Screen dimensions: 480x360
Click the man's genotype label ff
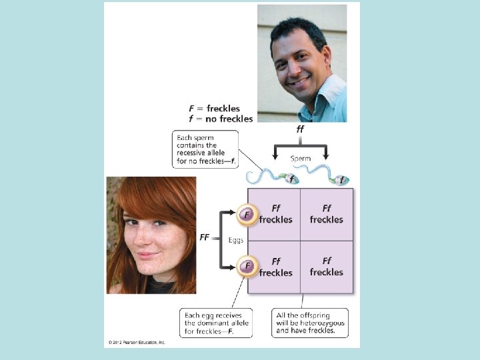tap(300, 129)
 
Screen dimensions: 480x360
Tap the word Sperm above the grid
tap(301, 159)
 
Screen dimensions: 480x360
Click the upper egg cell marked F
tap(247, 214)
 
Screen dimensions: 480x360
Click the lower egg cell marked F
tap(247, 266)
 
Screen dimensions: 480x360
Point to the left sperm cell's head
tap(291, 179)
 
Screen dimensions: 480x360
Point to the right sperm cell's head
tap(341, 179)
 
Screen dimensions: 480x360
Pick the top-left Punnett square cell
tap(275, 214)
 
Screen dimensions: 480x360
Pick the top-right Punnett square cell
tap(327, 214)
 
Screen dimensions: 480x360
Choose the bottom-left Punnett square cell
tap(275, 267)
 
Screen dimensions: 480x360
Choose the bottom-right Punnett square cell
tap(327, 267)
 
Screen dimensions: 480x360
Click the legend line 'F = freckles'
tap(213, 108)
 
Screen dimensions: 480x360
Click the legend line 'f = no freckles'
tap(221, 119)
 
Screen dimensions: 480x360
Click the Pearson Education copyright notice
tap(135, 343)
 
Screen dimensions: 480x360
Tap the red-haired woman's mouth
tap(148, 254)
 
